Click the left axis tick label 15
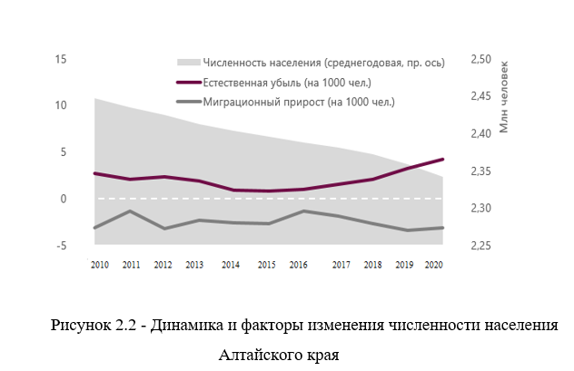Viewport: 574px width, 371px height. click(x=62, y=60)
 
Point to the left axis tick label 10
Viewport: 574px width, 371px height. click(x=62, y=106)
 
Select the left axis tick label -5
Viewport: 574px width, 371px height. click(x=63, y=246)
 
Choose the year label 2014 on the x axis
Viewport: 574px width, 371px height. click(x=231, y=264)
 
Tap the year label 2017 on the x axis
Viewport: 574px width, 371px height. click(x=341, y=264)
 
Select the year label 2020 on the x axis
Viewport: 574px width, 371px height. click(x=433, y=264)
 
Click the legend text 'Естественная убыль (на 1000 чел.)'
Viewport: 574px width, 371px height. click(x=282, y=83)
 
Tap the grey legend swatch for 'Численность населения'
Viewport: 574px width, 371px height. click(x=186, y=63)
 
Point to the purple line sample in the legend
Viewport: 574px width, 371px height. click(x=186, y=83)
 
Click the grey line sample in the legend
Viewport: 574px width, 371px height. click(x=186, y=103)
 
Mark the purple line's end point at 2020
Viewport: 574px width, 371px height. click(x=442, y=159)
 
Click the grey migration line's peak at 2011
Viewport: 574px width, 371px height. click(x=131, y=211)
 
